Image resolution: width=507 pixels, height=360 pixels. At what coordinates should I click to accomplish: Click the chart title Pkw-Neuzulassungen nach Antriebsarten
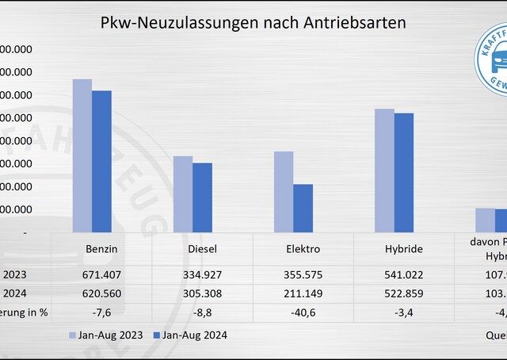click(253, 23)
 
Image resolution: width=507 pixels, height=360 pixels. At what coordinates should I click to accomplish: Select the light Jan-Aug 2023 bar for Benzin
click(82, 155)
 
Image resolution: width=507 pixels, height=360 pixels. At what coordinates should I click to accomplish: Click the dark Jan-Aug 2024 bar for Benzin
click(101, 161)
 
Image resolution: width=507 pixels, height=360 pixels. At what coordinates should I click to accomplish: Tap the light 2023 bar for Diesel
click(183, 193)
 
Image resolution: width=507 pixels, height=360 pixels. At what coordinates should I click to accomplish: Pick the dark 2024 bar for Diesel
click(202, 197)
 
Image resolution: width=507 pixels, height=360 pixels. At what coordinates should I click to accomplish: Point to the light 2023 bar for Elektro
click(284, 191)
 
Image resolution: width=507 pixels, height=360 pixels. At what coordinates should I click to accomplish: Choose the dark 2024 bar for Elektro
click(303, 208)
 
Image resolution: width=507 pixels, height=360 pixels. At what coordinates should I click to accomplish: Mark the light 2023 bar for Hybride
click(384, 170)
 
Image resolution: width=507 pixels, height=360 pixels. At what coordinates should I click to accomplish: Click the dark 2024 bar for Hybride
click(403, 173)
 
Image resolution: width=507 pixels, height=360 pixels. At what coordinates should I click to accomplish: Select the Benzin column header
click(101, 249)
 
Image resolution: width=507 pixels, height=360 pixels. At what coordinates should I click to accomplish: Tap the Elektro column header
click(303, 249)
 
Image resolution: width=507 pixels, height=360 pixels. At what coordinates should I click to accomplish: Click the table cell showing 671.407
click(101, 274)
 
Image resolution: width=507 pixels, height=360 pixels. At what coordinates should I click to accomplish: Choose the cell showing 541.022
click(403, 274)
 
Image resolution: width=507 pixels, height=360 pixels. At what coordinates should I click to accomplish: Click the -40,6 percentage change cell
click(303, 312)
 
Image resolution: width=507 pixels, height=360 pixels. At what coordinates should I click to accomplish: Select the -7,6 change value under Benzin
click(101, 312)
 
